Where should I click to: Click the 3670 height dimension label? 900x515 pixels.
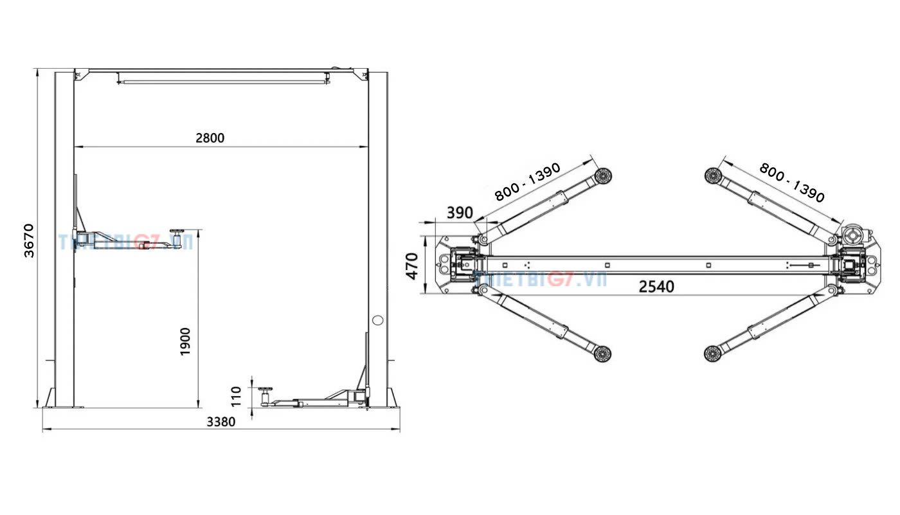point(29,240)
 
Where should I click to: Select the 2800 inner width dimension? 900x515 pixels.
point(210,138)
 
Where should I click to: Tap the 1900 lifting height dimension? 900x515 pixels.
point(186,341)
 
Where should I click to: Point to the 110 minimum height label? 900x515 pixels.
point(236,396)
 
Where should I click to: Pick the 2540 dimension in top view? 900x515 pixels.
point(656,286)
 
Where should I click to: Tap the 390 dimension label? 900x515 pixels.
point(459,213)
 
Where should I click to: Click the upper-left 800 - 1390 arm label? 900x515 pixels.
point(527,182)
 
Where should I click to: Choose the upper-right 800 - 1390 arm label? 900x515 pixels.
point(791,182)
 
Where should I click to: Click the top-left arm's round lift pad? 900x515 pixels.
point(602,176)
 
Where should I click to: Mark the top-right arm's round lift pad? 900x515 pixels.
point(712,176)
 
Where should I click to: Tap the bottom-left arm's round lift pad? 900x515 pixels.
point(602,353)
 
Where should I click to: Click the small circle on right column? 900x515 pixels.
point(377,320)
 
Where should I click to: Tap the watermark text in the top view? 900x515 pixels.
point(540,278)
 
